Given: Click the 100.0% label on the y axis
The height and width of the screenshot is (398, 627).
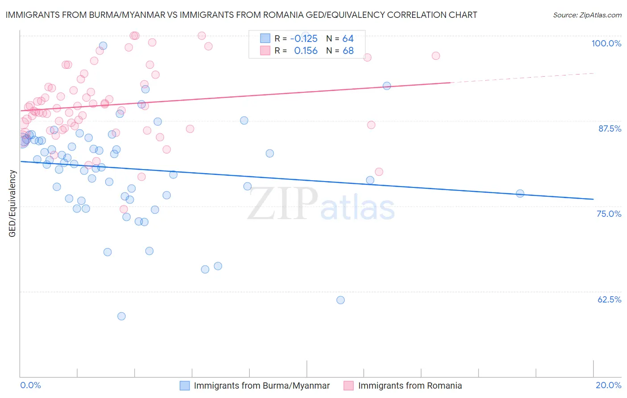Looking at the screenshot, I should [606, 43].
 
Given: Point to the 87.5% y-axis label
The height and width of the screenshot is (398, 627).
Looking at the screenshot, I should [609, 129].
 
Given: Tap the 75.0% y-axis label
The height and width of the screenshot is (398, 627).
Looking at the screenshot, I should [609, 214].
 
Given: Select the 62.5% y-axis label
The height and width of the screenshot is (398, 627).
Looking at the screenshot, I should [609, 299].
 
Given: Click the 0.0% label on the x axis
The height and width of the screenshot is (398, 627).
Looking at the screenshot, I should [30, 385].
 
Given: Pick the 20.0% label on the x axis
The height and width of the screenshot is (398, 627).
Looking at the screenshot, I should [608, 385].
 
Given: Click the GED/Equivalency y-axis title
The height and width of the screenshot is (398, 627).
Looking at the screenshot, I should [12, 203].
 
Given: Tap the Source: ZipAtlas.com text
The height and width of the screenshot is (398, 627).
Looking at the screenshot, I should [587, 15].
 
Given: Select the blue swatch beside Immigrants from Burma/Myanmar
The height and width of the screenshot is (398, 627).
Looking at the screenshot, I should [185, 386].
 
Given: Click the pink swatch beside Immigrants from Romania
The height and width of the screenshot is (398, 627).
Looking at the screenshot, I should [349, 386].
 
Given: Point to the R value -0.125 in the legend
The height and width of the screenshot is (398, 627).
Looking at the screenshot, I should [304, 38].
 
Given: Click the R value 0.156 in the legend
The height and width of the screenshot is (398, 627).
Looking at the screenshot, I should [306, 50].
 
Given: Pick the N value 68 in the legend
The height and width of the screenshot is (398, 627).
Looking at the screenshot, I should [348, 50].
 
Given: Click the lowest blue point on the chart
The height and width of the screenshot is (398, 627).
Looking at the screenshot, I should [121, 316].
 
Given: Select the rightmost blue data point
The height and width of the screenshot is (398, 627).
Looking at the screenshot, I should [520, 193].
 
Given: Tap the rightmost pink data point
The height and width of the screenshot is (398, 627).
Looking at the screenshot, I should [436, 56].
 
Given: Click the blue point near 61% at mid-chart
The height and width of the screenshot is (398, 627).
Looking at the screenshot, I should [340, 300].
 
